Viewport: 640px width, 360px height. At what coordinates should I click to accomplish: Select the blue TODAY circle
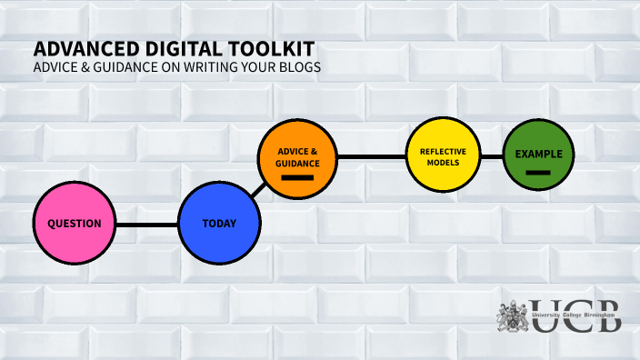click(219, 223)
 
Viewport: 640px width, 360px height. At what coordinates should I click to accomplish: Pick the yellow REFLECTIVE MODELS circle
click(443, 156)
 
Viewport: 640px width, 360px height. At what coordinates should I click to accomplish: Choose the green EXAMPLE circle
click(538, 155)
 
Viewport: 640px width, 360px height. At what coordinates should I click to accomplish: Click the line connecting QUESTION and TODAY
click(146, 224)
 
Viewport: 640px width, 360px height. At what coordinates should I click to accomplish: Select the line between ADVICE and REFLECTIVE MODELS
click(370, 157)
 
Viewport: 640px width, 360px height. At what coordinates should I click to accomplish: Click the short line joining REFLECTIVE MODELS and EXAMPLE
click(491, 156)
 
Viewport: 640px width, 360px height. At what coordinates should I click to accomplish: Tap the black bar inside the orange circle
click(297, 178)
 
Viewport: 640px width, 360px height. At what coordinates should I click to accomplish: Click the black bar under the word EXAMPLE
click(538, 172)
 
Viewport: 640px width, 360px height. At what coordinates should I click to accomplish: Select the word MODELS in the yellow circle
click(443, 164)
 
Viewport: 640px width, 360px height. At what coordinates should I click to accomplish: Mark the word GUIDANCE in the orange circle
click(297, 163)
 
